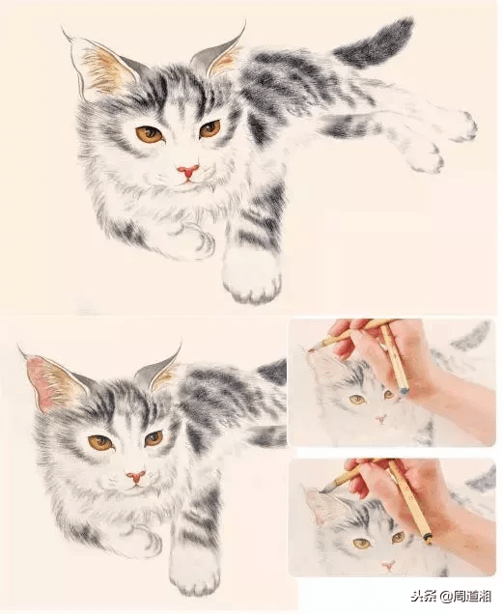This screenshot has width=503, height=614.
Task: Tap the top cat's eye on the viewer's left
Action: click(x=150, y=134)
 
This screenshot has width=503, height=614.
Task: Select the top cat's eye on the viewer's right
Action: click(x=210, y=128)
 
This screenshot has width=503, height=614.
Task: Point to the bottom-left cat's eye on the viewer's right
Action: click(x=154, y=438)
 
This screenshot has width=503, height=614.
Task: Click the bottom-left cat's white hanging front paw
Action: click(x=194, y=572)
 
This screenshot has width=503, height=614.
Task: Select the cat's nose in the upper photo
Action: click(x=380, y=420)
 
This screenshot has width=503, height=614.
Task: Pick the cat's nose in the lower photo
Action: click(x=389, y=565)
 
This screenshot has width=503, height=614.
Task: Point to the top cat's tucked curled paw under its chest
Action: click(x=192, y=239)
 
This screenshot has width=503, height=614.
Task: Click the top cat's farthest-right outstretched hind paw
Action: click(x=463, y=126)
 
